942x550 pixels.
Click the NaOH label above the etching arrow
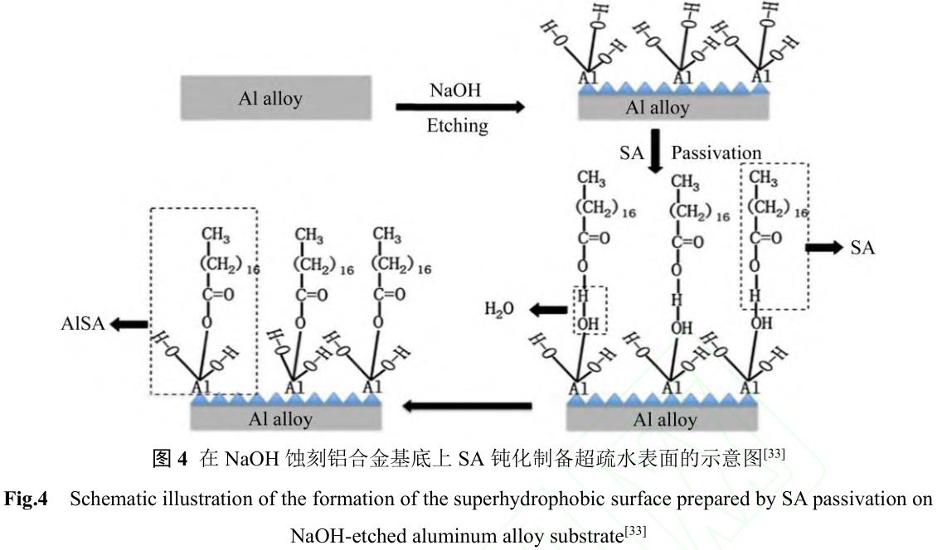tap(454, 89)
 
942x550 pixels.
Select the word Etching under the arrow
tap(457, 126)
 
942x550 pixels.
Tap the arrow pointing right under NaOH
tap(460, 107)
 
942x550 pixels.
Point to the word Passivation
tap(716, 152)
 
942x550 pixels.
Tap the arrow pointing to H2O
tap(547, 310)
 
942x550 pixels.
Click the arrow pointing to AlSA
tap(129, 325)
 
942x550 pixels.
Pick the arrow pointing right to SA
tap(825, 248)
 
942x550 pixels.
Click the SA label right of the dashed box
tap(862, 248)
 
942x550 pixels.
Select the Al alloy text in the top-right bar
tap(658, 108)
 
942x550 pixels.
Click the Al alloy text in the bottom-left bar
tap(280, 419)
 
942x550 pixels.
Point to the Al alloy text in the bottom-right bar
tap(664, 420)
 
